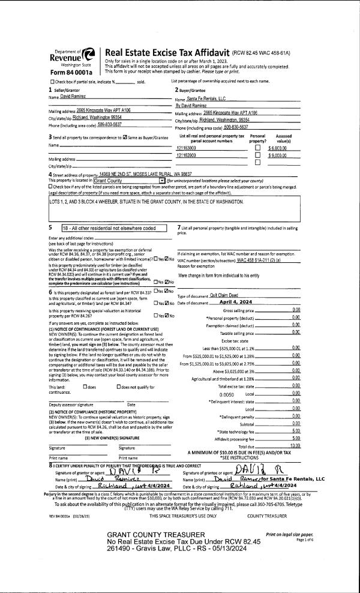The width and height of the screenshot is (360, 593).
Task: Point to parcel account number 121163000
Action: (187, 148)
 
